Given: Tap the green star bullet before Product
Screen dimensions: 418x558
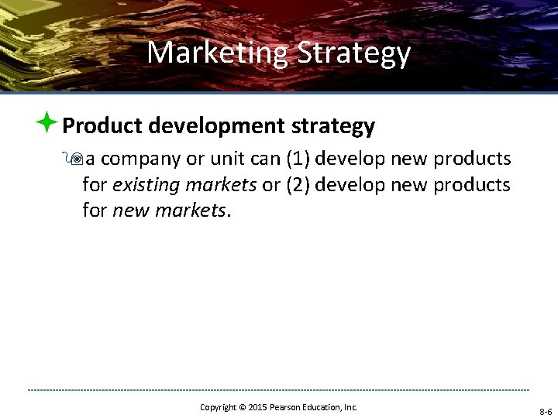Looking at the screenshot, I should click(46, 122).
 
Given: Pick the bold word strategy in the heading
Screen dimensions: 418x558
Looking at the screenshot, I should click(333, 125).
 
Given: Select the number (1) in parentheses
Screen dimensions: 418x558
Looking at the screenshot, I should click(298, 159).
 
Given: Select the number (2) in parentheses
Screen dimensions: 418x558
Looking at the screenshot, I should click(298, 185).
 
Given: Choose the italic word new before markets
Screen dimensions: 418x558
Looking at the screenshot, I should click(131, 210).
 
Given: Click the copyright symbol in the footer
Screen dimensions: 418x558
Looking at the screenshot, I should click(242, 407).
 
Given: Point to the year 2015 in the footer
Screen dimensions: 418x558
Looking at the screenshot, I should click(260, 407).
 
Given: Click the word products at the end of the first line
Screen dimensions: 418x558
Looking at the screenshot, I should click(472, 159).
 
